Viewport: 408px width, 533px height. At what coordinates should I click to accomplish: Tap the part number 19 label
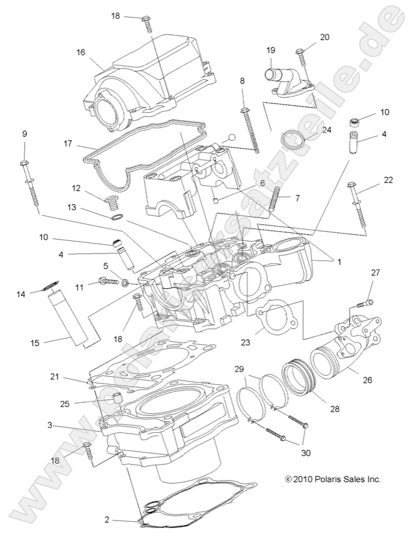tap(271, 50)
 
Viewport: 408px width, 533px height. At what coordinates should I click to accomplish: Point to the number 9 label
tap(24, 133)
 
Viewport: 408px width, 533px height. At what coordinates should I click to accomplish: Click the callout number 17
tap(69, 143)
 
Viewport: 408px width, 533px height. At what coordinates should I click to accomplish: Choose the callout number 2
tap(107, 518)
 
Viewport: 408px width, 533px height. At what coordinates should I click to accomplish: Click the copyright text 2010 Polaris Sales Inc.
tap(332, 479)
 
